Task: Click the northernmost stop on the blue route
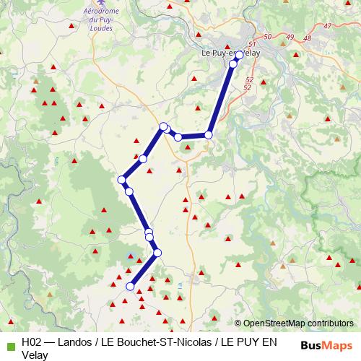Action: (239, 55)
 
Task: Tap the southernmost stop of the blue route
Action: (130, 287)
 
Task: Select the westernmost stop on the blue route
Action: (121, 180)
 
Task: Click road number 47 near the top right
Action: (327, 26)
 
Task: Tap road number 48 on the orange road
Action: (308, 38)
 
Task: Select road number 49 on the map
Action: (290, 37)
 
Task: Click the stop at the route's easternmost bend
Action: (209, 135)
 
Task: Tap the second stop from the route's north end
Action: (232, 65)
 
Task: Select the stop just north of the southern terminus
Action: (157, 253)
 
